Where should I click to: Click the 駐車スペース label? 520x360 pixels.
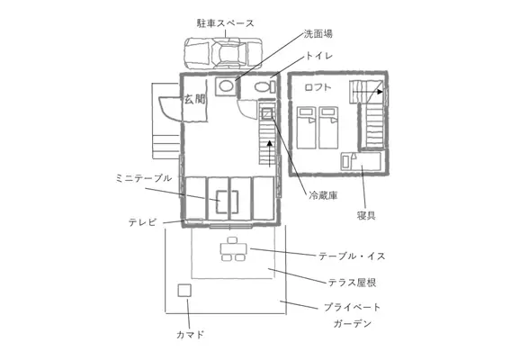click(225, 23)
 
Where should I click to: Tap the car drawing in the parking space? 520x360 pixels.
click(223, 53)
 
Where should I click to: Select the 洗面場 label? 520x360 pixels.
click(318, 34)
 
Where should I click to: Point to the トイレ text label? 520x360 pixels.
click(318, 56)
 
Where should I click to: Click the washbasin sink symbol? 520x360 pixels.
click(226, 86)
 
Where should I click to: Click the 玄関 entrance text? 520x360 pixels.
click(194, 99)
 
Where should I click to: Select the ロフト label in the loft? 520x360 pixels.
click(318, 87)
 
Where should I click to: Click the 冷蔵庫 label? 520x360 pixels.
click(323, 195)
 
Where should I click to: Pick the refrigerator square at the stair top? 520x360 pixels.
click(267, 113)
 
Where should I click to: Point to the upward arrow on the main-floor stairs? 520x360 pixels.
click(270, 153)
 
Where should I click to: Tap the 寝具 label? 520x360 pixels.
click(366, 216)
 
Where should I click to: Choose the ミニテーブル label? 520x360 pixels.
click(144, 178)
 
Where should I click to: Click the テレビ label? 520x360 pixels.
click(142, 222)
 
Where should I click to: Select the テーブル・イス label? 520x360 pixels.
click(352, 256)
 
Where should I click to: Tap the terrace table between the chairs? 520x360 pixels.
click(234, 248)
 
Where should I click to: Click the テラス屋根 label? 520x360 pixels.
click(352, 283)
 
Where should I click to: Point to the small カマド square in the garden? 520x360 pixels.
click(184, 291)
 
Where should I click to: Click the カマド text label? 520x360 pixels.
click(190, 335)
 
